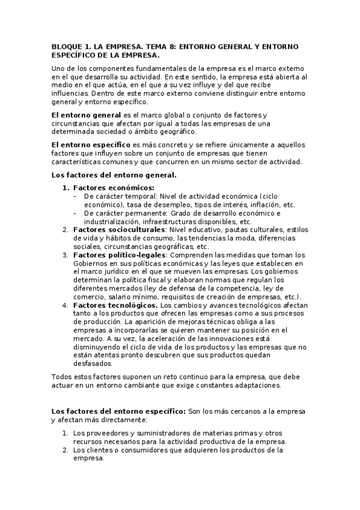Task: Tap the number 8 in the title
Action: click(155, 46)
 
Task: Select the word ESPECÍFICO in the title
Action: click(75, 55)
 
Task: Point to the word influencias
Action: click(71, 94)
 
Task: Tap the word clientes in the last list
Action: click(98, 449)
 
